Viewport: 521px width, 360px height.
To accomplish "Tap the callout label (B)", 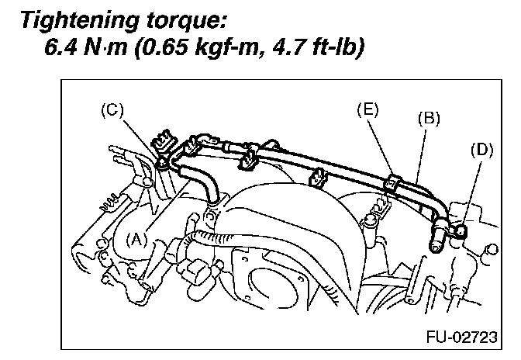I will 429,119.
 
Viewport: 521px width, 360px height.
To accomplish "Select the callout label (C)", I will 113,110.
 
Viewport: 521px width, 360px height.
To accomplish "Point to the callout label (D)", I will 481,150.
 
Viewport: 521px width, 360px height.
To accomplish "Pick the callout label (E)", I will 367,109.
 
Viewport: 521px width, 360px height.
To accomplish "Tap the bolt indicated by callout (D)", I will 460,230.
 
